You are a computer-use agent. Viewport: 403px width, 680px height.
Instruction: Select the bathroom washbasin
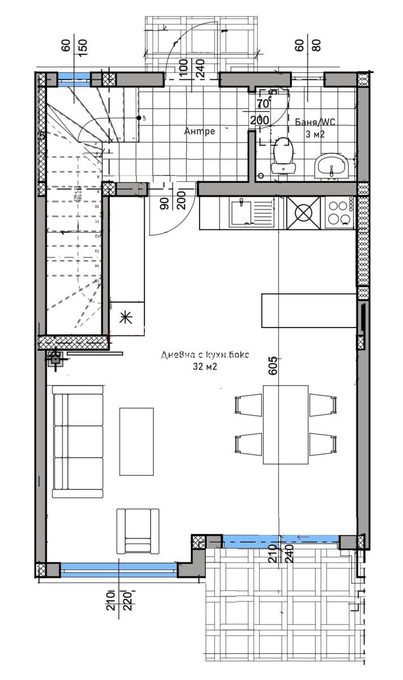click(x=331, y=166)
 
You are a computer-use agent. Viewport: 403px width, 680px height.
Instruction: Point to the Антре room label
click(x=200, y=131)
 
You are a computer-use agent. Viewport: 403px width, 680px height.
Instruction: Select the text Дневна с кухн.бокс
click(x=205, y=355)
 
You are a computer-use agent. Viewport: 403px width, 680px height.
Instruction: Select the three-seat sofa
click(x=78, y=441)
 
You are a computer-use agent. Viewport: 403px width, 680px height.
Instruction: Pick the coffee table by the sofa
click(x=136, y=441)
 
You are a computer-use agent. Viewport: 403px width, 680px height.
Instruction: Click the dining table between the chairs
click(x=286, y=424)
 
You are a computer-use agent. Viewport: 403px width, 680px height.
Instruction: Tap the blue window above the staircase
click(x=74, y=78)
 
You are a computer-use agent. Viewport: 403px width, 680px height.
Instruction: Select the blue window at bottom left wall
click(x=118, y=569)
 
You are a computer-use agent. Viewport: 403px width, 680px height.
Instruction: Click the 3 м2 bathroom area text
click(x=316, y=134)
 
